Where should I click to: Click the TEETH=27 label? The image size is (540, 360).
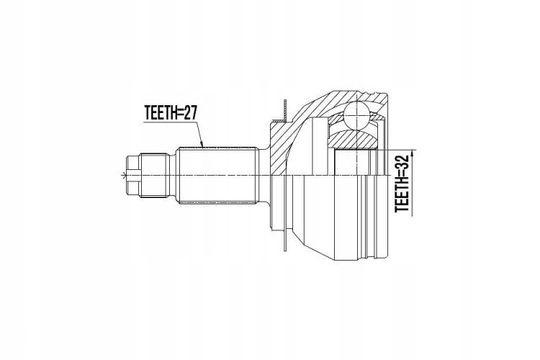(x=171, y=113)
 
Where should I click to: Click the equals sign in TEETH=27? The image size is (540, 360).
(x=179, y=113)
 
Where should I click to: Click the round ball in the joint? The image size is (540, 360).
(x=357, y=115)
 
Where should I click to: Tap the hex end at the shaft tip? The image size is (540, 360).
(x=133, y=175)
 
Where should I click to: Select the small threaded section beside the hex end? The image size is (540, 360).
(x=155, y=175)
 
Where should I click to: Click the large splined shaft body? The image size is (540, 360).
(x=217, y=176)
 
